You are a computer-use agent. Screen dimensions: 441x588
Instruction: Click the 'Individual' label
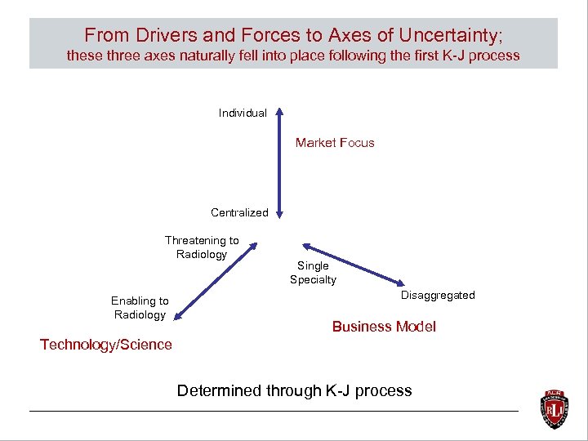tap(243, 113)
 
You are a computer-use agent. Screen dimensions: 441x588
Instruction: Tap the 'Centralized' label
tap(239, 212)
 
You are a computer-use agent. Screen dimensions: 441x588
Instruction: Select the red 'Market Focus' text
tap(335, 143)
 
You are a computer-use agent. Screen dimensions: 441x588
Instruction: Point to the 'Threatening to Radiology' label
tap(202, 247)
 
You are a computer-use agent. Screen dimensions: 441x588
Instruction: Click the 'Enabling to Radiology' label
tap(140, 308)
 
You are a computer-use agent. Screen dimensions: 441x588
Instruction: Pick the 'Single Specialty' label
tap(313, 273)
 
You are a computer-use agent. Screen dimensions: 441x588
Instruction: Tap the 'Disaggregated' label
tap(438, 295)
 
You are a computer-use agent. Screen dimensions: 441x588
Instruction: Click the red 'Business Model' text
tap(384, 327)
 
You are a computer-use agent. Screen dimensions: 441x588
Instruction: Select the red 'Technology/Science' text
tap(106, 345)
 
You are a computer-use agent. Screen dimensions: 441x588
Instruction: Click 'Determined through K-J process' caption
tap(294, 390)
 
